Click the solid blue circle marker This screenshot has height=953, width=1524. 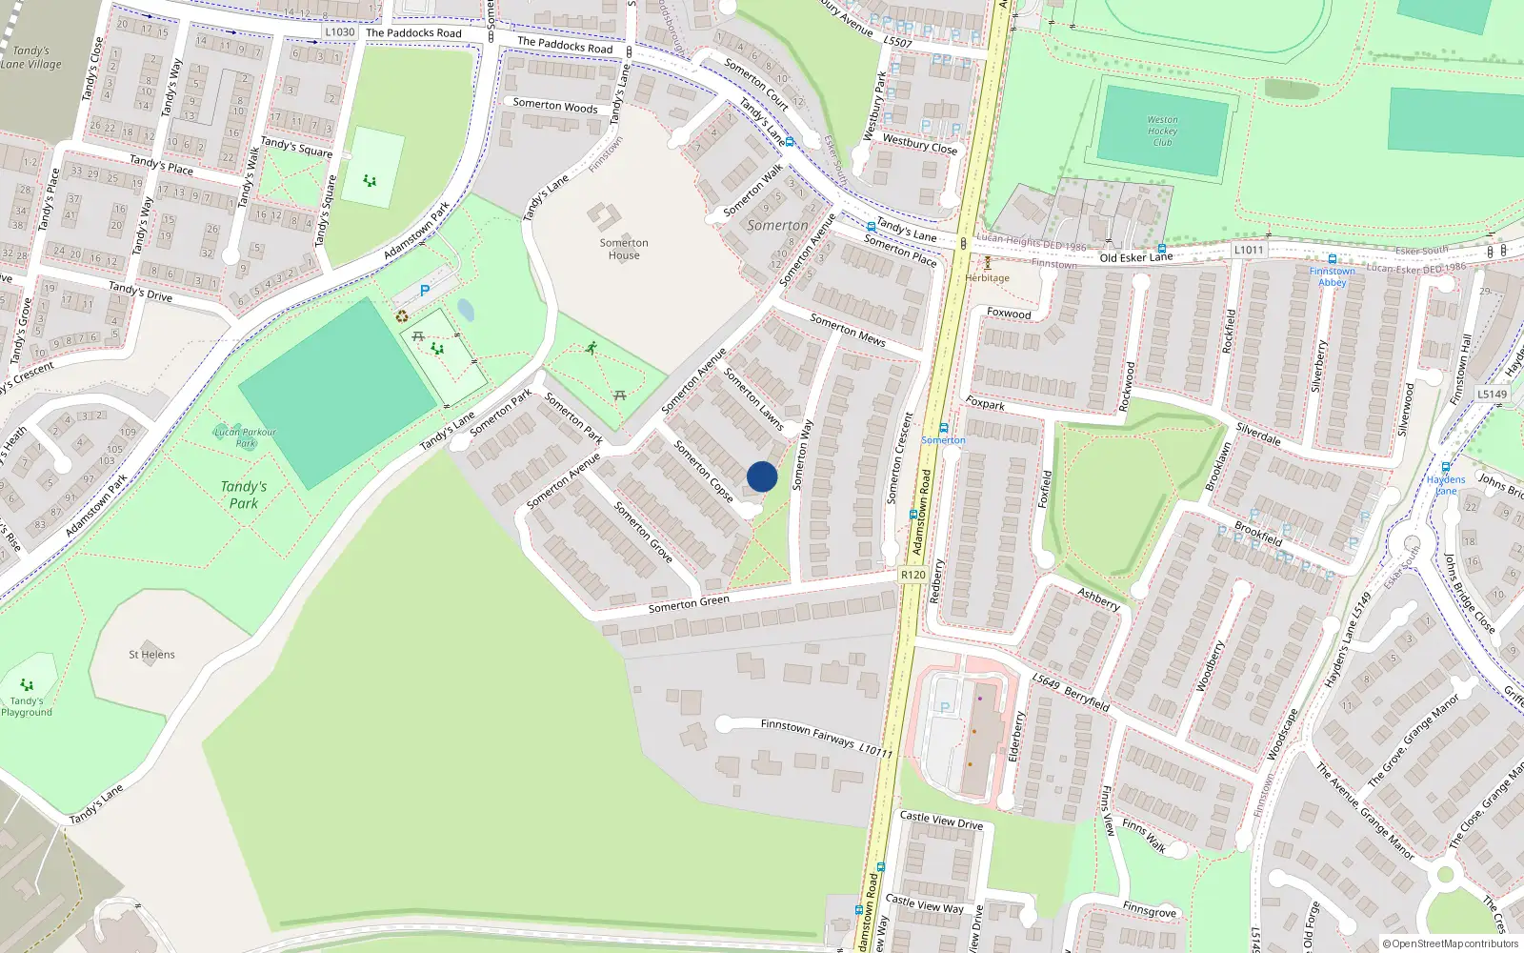click(x=762, y=476)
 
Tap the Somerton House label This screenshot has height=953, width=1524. click(x=624, y=249)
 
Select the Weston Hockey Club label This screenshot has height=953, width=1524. click(x=1162, y=132)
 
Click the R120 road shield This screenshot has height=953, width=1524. click(x=912, y=575)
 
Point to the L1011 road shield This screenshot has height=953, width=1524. click(x=1248, y=250)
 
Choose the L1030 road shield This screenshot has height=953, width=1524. click(x=339, y=32)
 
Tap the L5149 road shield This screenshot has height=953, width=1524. click(x=1493, y=394)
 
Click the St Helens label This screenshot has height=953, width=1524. click(x=152, y=655)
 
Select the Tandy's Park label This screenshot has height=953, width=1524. click(x=244, y=495)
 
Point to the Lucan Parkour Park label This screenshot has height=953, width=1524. click(x=246, y=437)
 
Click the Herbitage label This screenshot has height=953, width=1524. click(x=987, y=278)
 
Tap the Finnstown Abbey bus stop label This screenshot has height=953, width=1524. click(x=1332, y=276)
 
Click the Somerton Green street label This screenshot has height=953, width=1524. click(x=689, y=603)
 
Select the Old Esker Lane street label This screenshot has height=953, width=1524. click(x=1135, y=257)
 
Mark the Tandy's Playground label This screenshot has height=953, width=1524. click(x=27, y=706)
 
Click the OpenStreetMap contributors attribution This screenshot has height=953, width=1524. click(x=1450, y=943)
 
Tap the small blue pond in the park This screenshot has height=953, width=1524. click(x=466, y=310)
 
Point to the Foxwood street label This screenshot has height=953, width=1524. click(x=1009, y=314)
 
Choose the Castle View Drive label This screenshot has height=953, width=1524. click(x=941, y=820)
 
